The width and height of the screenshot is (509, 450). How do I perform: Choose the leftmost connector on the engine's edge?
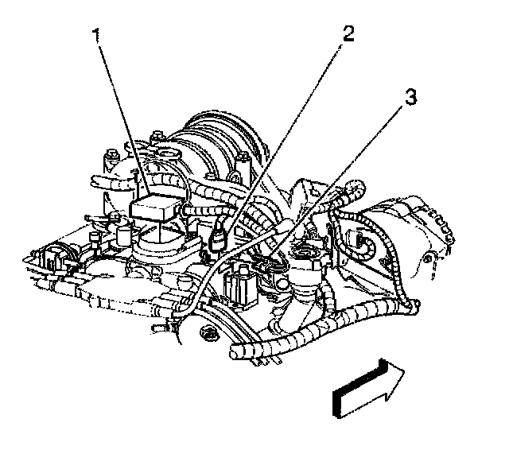point(40,259)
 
